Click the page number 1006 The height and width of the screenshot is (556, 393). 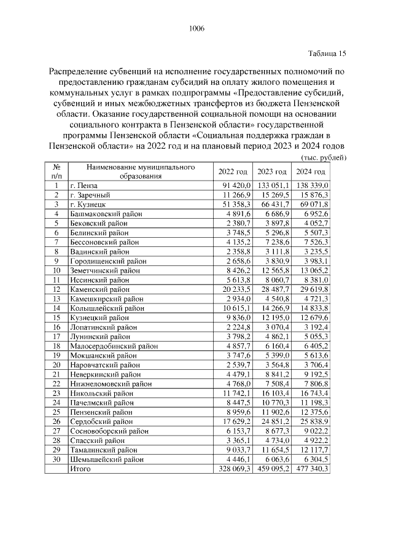click(x=196, y=29)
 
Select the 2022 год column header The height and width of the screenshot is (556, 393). click(x=233, y=171)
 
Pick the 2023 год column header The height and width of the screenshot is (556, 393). click(x=271, y=171)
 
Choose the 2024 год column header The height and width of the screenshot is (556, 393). click(x=312, y=171)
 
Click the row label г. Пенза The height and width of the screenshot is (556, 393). click(x=84, y=185)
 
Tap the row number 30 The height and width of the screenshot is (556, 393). click(x=56, y=459)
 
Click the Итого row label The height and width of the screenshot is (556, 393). click(x=80, y=469)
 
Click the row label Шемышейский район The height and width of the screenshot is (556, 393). click(x=103, y=459)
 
